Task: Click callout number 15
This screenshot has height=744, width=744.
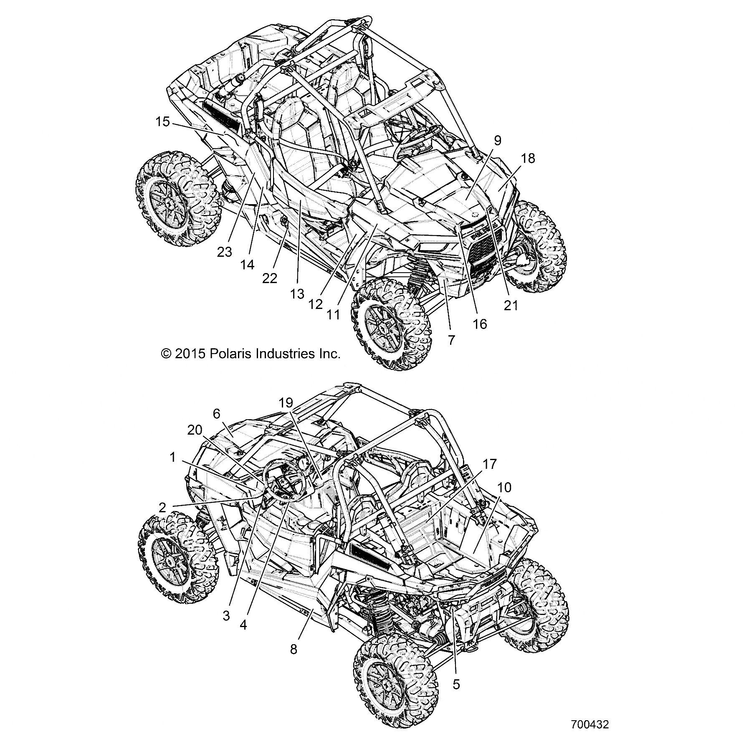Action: pos(163,122)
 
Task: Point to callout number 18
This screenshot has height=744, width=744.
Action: pos(527,159)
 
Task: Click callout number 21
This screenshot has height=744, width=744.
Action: pos(511,306)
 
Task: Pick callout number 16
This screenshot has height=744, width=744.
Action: pos(480,324)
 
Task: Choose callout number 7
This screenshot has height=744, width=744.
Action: pos(451,340)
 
